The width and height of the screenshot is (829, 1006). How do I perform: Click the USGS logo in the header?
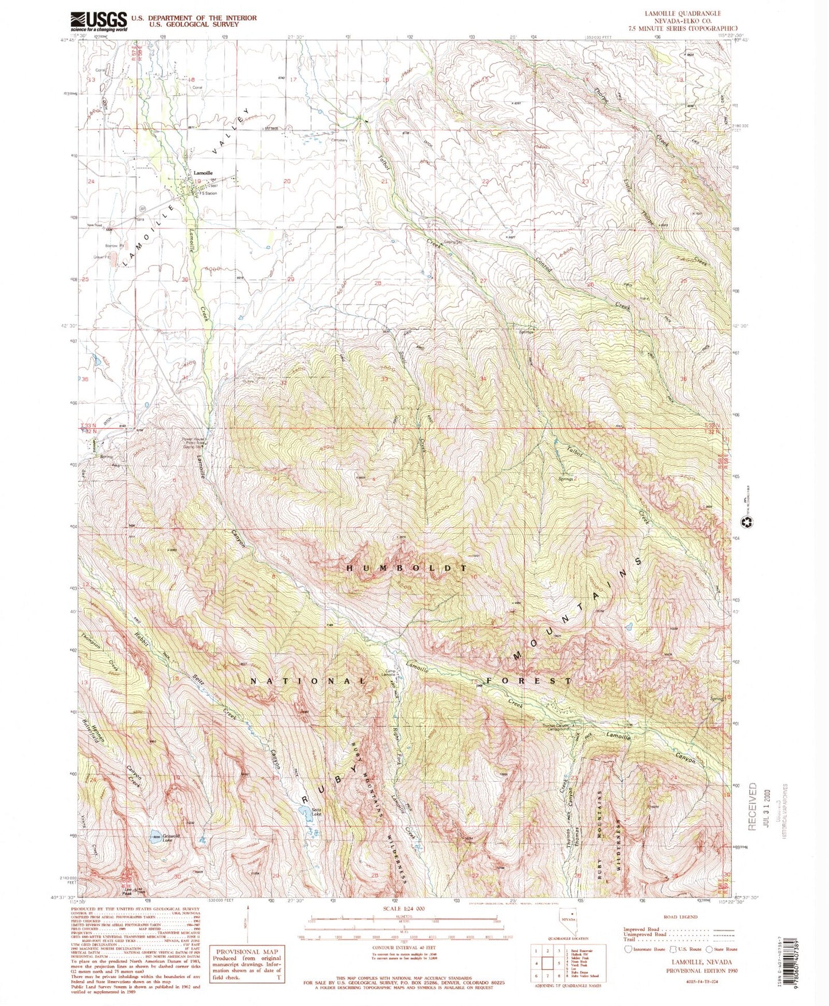point(98,22)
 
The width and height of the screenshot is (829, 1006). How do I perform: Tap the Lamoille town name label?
point(203,173)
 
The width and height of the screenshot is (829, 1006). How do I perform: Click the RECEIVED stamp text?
point(753,806)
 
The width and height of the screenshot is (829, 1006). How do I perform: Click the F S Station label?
point(208,194)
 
